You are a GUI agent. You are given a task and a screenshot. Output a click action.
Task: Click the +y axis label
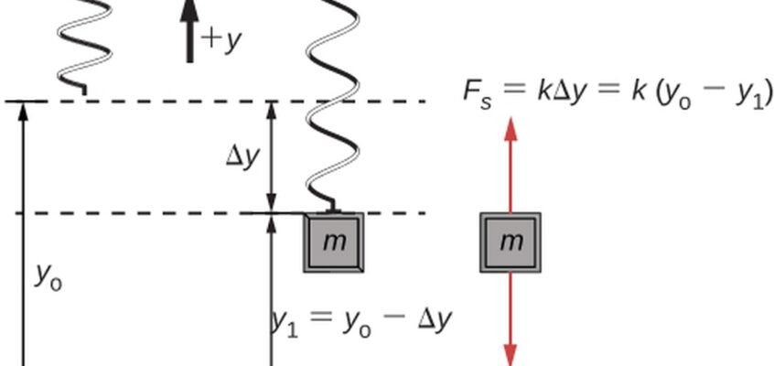coord(221,40)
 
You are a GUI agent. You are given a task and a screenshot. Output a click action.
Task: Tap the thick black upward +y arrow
coord(189,31)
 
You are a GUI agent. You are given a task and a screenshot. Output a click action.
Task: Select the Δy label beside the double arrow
coord(242,158)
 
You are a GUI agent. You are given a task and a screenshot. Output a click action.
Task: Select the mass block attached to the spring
coord(334,242)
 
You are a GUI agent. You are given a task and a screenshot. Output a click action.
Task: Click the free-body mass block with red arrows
coord(511,242)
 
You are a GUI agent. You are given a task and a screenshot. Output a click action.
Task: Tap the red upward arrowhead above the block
coord(511,129)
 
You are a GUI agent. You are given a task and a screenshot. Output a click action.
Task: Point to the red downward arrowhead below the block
coord(511,355)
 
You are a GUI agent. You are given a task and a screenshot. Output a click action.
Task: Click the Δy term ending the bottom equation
coord(435,320)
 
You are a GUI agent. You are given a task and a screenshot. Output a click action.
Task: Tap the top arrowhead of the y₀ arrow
coord(23,112)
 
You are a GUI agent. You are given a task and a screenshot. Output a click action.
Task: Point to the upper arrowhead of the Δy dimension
coord(271,111)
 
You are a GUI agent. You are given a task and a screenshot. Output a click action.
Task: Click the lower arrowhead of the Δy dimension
coord(271,203)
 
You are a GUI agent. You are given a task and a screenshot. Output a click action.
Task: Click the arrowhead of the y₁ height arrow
coord(271,223)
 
